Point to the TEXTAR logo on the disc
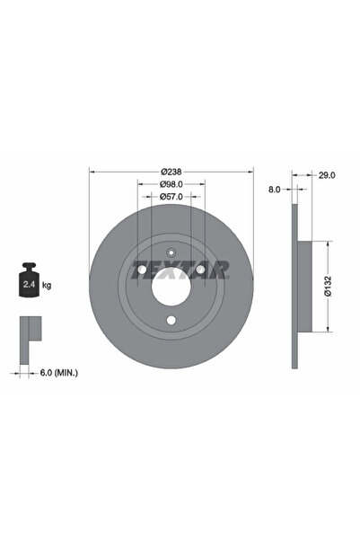171,270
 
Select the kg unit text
47,285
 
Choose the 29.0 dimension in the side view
327,177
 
